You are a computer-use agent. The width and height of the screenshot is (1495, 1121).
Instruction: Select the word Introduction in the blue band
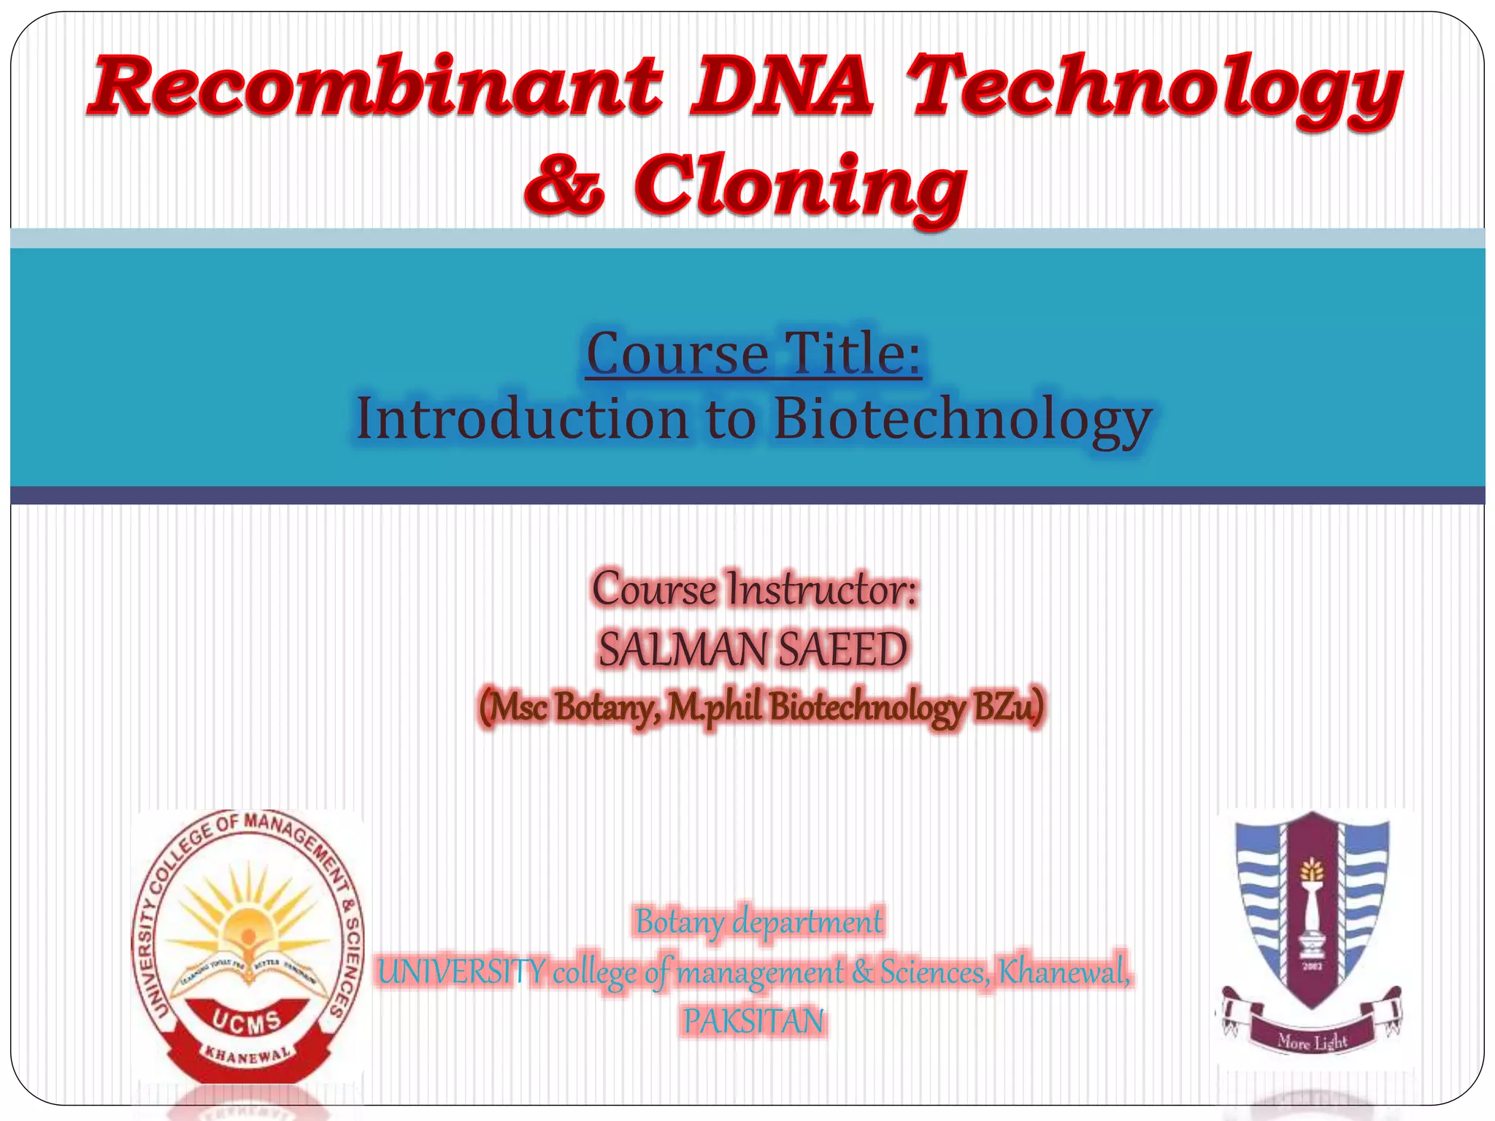coord(521,419)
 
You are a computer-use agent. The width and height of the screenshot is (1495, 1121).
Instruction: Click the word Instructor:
coord(822,590)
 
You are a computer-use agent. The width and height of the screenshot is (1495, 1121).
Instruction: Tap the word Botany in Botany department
coord(680,922)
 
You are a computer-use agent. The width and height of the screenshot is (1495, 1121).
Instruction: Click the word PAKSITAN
coord(753,1020)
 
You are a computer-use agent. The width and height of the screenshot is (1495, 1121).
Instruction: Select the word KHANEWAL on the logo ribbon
coord(248,1055)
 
